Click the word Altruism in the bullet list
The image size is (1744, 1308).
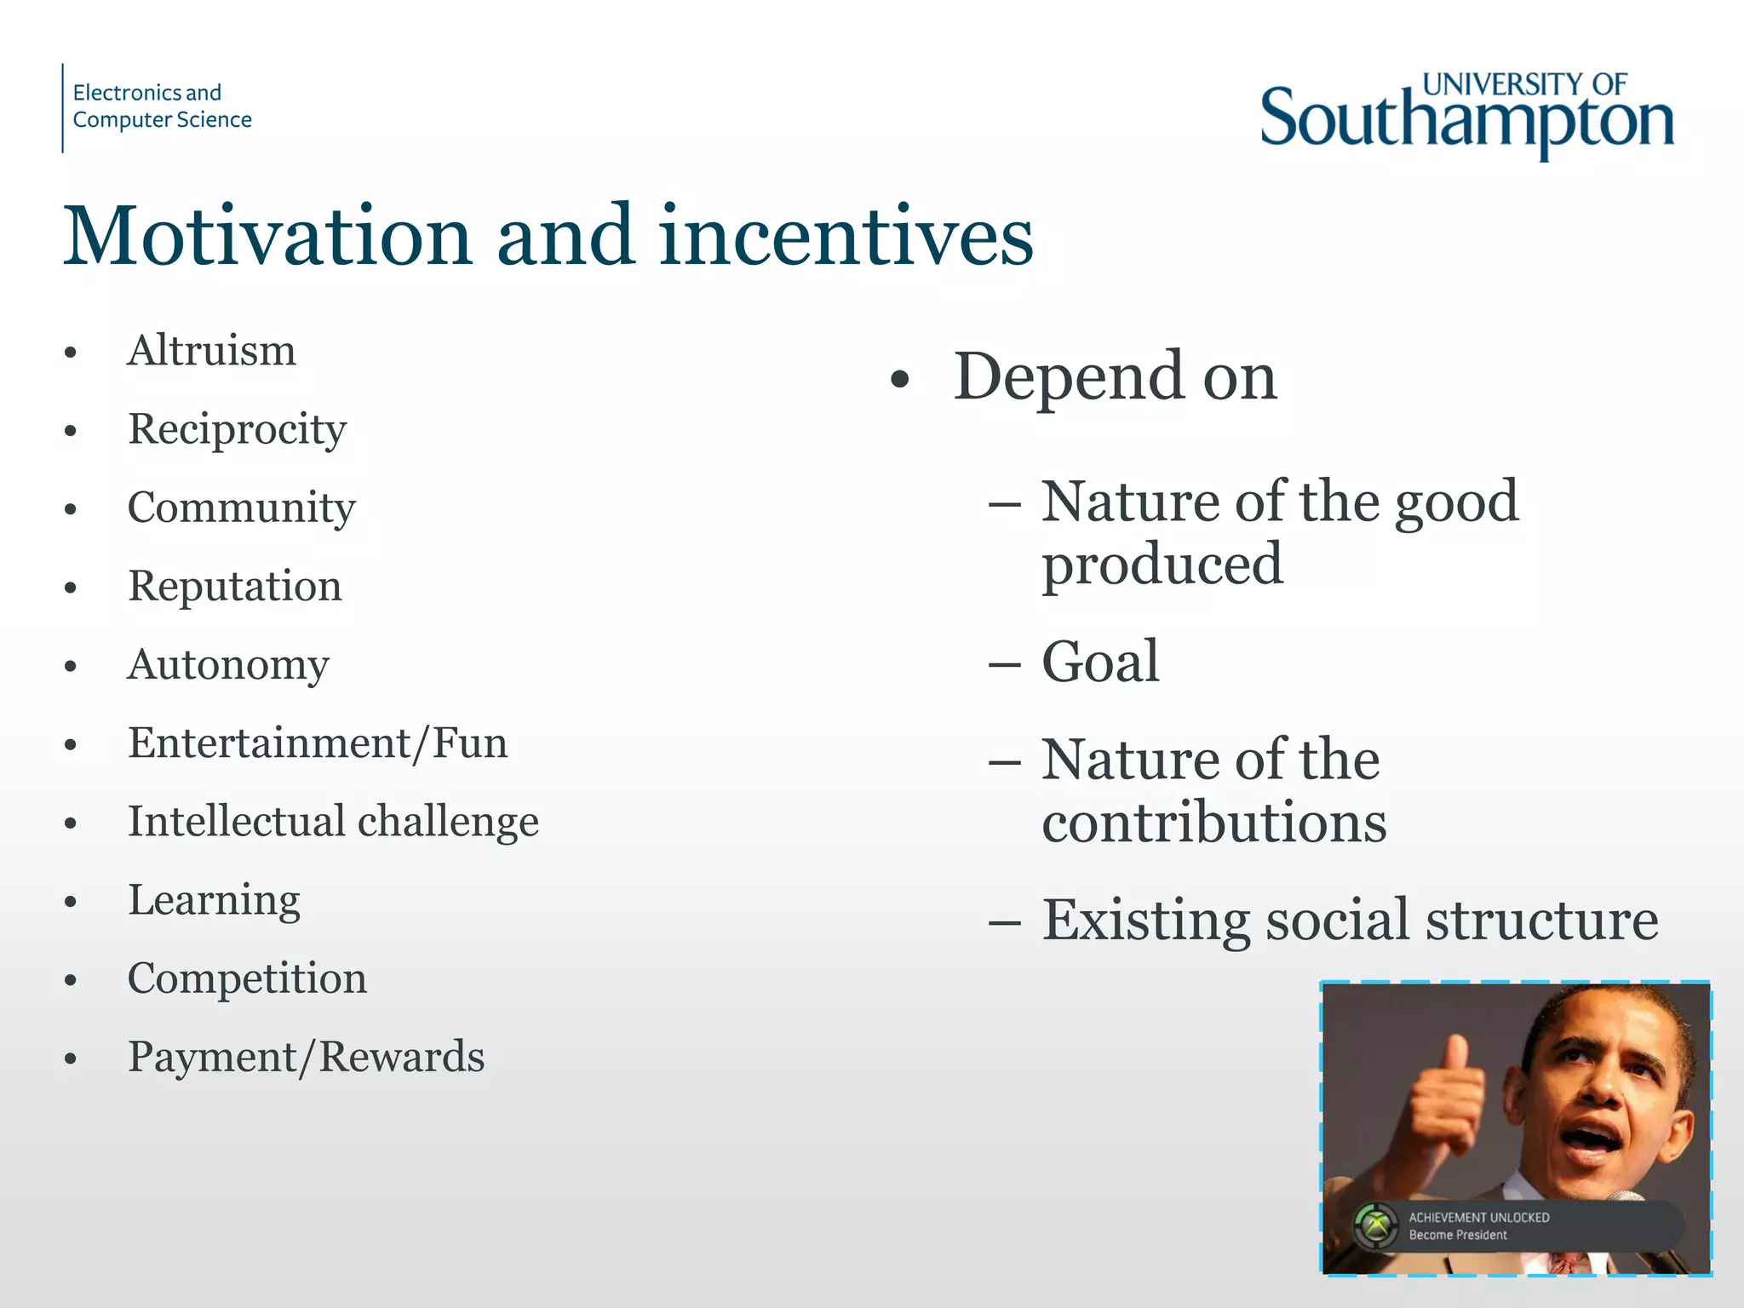click(x=211, y=351)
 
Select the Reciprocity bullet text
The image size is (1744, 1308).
click(x=237, y=429)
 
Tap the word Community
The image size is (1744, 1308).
click(x=241, y=508)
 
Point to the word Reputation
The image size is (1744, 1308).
click(x=234, y=586)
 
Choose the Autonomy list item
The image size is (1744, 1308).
click(x=227, y=664)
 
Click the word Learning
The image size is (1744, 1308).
click(x=214, y=900)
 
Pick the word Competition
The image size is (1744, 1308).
click(x=247, y=978)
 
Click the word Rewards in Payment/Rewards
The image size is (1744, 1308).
click(x=402, y=1057)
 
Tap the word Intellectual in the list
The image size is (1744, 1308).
click(x=236, y=822)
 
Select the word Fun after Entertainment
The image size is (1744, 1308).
click(x=469, y=743)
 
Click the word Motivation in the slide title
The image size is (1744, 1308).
click(x=267, y=237)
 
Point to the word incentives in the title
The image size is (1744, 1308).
click(x=846, y=237)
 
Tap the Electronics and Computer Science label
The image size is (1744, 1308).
click(x=162, y=106)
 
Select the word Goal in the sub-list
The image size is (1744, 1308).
click(x=1100, y=662)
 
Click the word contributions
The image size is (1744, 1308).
click(x=1213, y=823)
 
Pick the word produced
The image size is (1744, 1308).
click(x=1162, y=565)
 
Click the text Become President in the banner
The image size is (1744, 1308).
click(x=1457, y=1235)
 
